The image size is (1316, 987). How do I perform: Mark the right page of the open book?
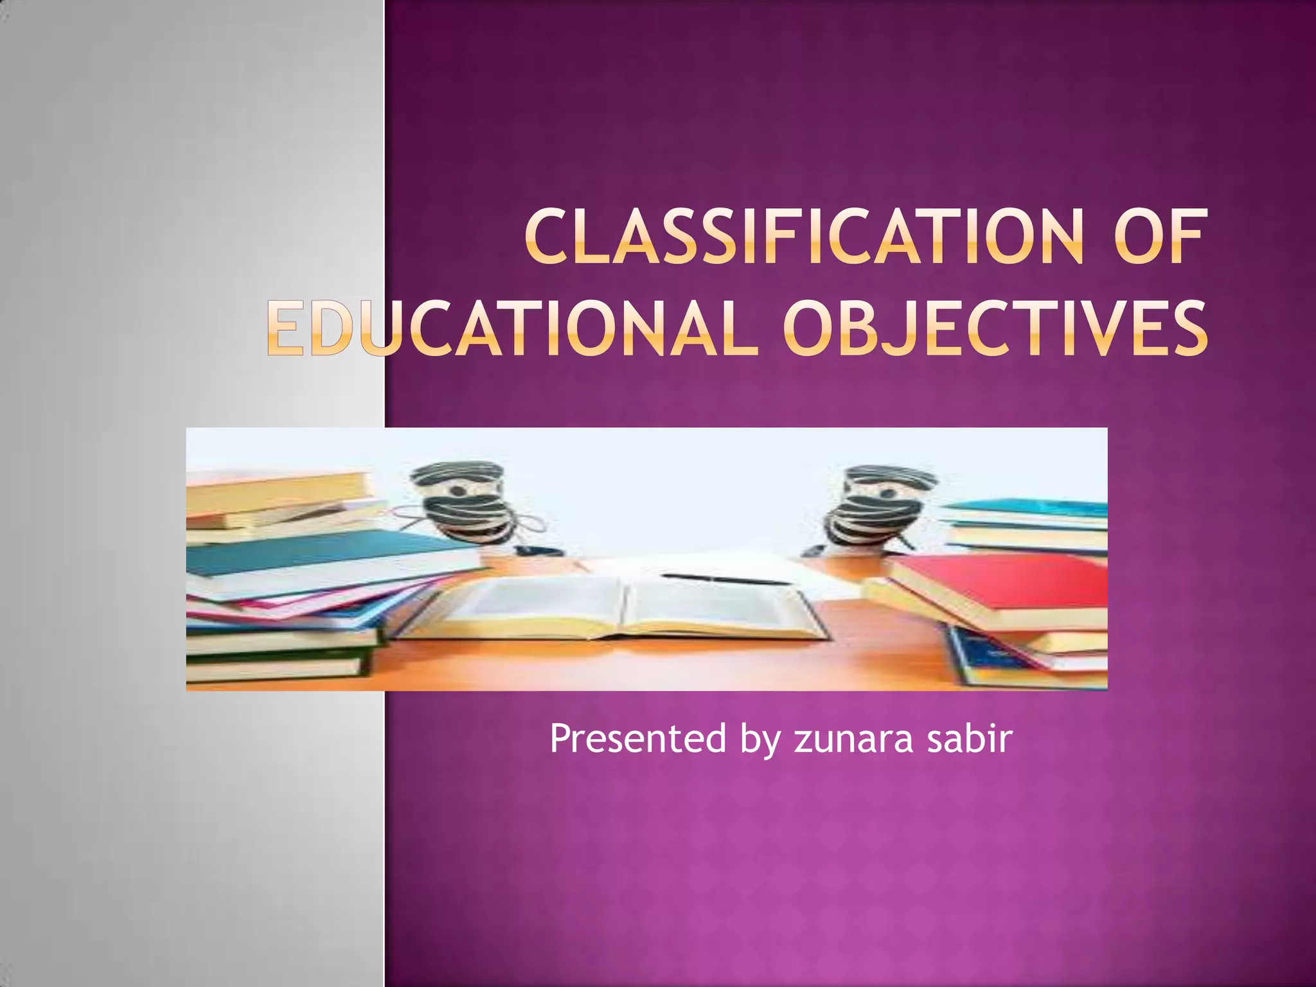point(720,607)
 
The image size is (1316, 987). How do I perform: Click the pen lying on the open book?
point(726,580)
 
